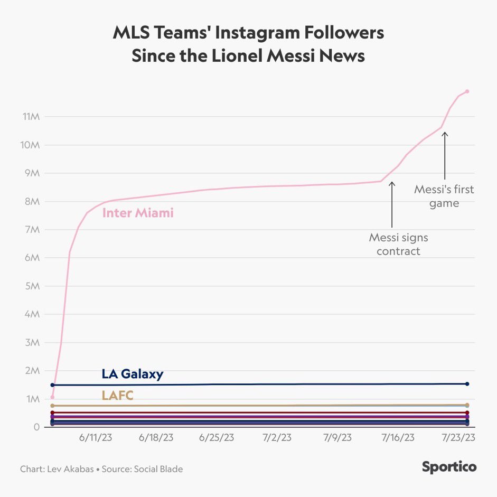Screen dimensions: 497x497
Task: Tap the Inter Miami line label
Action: click(138, 213)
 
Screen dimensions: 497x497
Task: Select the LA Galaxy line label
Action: click(133, 374)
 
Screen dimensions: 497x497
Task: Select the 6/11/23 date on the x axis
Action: click(96, 438)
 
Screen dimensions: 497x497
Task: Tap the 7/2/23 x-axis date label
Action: click(277, 438)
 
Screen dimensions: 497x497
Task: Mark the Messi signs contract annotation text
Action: click(398, 244)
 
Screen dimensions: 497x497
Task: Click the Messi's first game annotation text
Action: click(444, 196)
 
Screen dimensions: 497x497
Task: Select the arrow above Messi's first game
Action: click(445, 155)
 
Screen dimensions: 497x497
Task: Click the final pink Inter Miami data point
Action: click(467, 91)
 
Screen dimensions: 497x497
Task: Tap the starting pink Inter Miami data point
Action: click(52, 397)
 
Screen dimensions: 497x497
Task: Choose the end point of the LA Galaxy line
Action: click(467, 384)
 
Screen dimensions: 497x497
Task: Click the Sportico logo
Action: click(449, 467)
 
